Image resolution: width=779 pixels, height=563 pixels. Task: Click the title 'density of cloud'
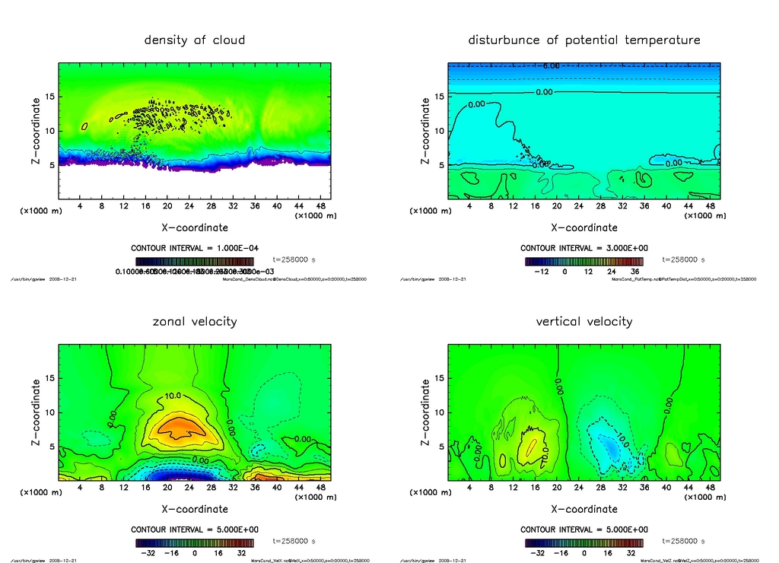[195, 40]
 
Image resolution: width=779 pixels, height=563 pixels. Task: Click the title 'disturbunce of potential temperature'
[584, 40]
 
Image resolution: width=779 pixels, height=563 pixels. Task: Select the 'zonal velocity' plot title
[195, 321]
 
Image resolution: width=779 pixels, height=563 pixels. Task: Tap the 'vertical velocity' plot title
[584, 321]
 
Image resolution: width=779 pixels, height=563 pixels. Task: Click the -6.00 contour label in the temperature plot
[550, 66]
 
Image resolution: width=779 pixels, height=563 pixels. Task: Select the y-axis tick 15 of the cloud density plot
[50, 97]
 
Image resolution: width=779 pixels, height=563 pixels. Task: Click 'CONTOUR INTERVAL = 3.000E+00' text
[583, 248]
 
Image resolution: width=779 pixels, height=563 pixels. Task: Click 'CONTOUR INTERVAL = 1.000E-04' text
[194, 248]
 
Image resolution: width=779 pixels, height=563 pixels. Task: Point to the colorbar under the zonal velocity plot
[194, 543]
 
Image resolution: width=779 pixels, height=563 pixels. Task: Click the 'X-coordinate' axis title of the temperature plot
[583, 227]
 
